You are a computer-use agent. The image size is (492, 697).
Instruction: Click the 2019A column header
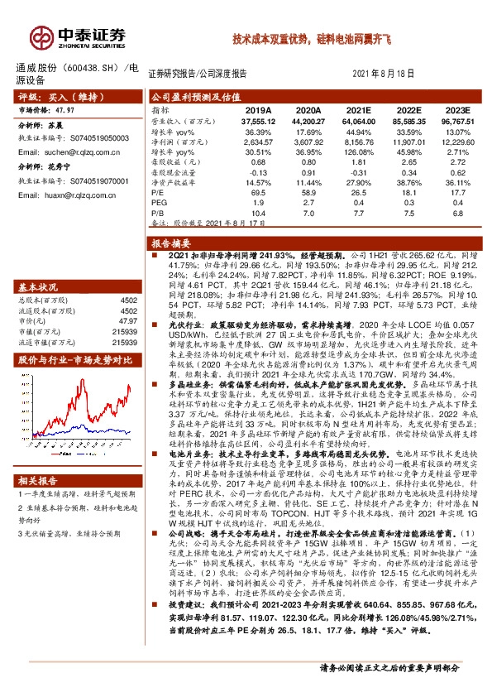click(x=258, y=110)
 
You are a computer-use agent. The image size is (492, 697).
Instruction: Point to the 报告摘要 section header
click(x=171, y=243)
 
